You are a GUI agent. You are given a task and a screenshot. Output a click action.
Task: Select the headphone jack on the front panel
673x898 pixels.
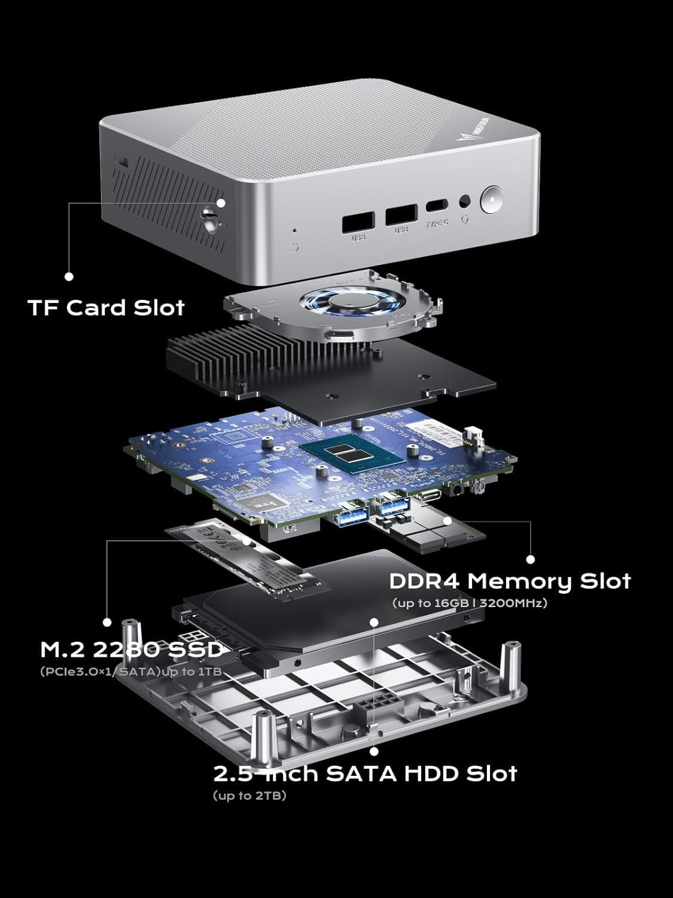click(463, 202)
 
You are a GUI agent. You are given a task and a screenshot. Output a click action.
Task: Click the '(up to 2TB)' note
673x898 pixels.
click(249, 796)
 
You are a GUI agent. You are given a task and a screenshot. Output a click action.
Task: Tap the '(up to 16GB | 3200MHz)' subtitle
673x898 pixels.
click(469, 603)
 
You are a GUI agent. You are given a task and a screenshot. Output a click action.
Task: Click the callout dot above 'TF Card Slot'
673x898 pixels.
click(69, 276)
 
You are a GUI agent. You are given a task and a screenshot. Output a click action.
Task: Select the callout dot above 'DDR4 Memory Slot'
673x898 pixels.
click(530, 559)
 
